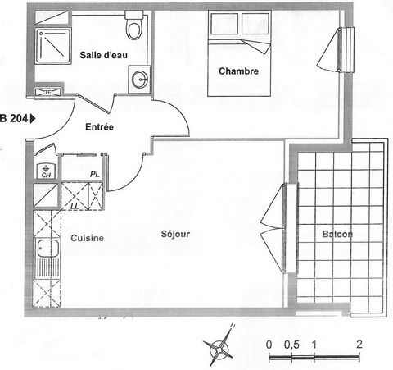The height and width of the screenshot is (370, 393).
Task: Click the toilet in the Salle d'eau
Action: (x=134, y=25)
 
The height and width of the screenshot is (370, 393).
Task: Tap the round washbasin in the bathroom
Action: (x=140, y=80)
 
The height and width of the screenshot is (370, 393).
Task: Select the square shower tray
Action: (x=53, y=46)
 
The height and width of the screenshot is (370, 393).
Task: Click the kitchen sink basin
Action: (x=47, y=249)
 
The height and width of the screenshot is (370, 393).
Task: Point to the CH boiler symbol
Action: (x=46, y=171)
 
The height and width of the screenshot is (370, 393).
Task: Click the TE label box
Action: (x=48, y=93)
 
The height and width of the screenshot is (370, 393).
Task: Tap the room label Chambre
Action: (x=238, y=71)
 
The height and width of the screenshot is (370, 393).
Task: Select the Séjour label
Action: (x=175, y=234)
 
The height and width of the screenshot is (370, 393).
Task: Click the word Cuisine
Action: (x=88, y=238)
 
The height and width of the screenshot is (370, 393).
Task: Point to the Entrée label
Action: (x=99, y=127)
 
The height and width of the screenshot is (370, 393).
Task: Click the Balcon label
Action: (x=337, y=234)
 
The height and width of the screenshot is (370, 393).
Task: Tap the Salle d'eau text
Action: (x=104, y=55)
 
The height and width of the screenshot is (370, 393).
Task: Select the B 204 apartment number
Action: (x=14, y=119)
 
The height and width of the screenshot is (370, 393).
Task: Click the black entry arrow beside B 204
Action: (x=33, y=119)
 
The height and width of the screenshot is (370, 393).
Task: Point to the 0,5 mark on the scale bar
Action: (x=291, y=345)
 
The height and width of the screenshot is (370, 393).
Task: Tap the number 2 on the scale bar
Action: (x=359, y=344)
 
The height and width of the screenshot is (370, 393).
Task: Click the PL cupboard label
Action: (x=95, y=174)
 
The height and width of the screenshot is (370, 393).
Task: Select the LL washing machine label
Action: (x=75, y=206)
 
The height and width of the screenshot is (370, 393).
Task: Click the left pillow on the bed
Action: (x=224, y=24)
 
